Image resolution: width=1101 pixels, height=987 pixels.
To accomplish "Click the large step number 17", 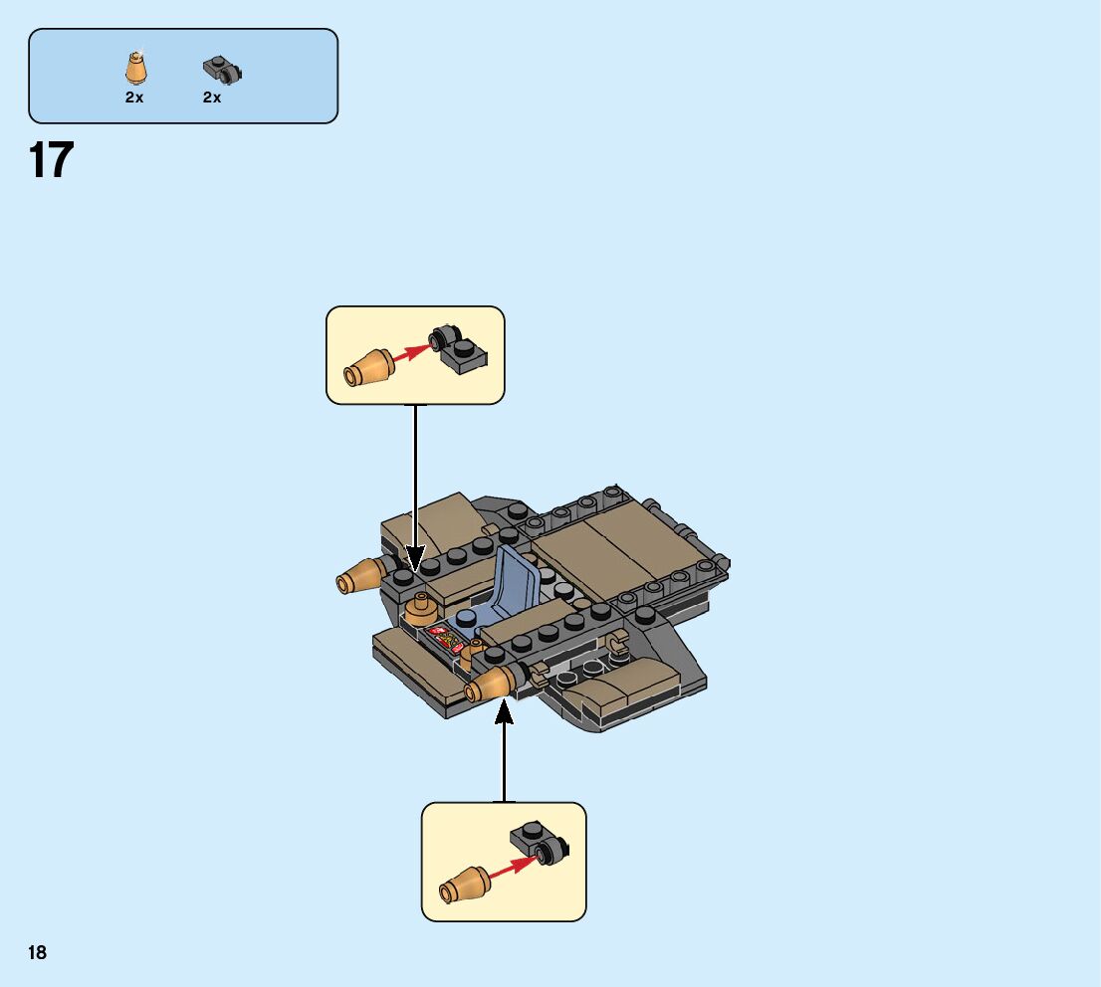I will (51, 160).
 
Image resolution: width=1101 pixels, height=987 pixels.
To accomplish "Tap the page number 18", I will (38, 953).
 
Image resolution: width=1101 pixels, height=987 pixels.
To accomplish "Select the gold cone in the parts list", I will (136, 69).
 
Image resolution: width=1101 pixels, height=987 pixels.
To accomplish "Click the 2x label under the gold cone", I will (134, 98).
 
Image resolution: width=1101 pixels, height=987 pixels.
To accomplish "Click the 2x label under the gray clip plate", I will (212, 98).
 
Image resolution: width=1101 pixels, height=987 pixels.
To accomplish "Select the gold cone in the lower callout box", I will (464, 884).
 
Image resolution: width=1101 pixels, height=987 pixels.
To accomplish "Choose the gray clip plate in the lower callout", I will (539, 845).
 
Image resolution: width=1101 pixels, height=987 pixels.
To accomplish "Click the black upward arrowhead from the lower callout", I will (504, 710).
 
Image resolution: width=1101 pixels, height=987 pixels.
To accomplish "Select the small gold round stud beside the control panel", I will (421, 605).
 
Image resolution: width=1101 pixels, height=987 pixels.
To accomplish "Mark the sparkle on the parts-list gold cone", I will (141, 50).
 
